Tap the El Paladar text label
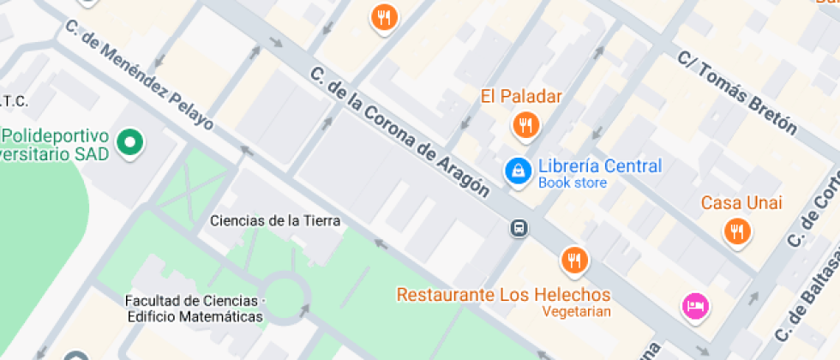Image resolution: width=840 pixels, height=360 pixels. (521, 96)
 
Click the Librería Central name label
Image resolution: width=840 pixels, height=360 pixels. (599, 166)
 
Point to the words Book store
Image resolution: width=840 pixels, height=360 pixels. (573, 183)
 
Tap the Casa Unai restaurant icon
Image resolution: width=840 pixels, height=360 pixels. (736, 230)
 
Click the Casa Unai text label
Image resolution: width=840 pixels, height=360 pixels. (741, 203)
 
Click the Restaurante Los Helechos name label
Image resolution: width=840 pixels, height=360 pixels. (503, 295)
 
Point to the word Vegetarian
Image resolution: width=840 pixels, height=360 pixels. (577, 311)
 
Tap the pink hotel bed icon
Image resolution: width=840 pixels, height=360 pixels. (694, 305)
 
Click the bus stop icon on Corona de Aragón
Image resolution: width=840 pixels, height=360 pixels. (519, 228)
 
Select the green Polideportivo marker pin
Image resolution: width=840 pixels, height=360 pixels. (129, 143)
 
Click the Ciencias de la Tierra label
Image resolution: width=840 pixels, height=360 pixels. (275, 220)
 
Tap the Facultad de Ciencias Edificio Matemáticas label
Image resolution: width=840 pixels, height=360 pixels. (194, 309)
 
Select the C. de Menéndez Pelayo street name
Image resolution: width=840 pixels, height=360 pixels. (139, 74)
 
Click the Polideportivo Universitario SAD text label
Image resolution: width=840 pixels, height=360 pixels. (55, 145)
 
